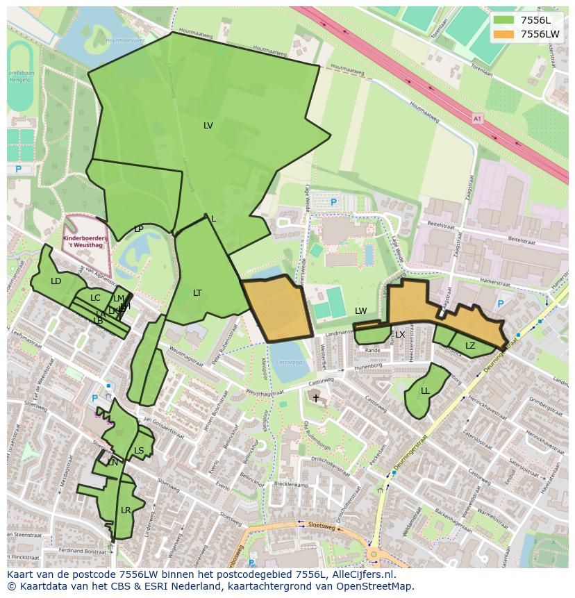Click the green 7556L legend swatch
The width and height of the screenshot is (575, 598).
(x=504, y=20)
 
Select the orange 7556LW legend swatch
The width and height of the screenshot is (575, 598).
(x=504, y=34)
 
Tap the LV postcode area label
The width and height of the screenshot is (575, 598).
(x=208, y=126)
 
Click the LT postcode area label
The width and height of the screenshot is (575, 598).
(x=197, y=293)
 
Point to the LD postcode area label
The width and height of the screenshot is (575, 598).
(x=56, y=281)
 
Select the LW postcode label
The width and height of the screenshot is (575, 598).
(x=360, y=311)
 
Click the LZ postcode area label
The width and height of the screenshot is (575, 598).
(x=470, y=346)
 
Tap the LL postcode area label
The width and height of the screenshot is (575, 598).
(x=425, y=391)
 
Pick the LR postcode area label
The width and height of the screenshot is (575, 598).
(x=126, y=510)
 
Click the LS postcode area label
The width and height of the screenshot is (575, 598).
(x=139, y=451)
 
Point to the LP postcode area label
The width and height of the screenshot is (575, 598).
(x=139, y=229)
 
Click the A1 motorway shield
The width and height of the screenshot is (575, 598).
(x=477, y=119)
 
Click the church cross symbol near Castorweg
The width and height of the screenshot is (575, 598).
(x=316, y=398)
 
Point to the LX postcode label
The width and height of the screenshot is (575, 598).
(x=400, y=335)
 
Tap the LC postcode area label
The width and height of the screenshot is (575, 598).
(x=95, y=298)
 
